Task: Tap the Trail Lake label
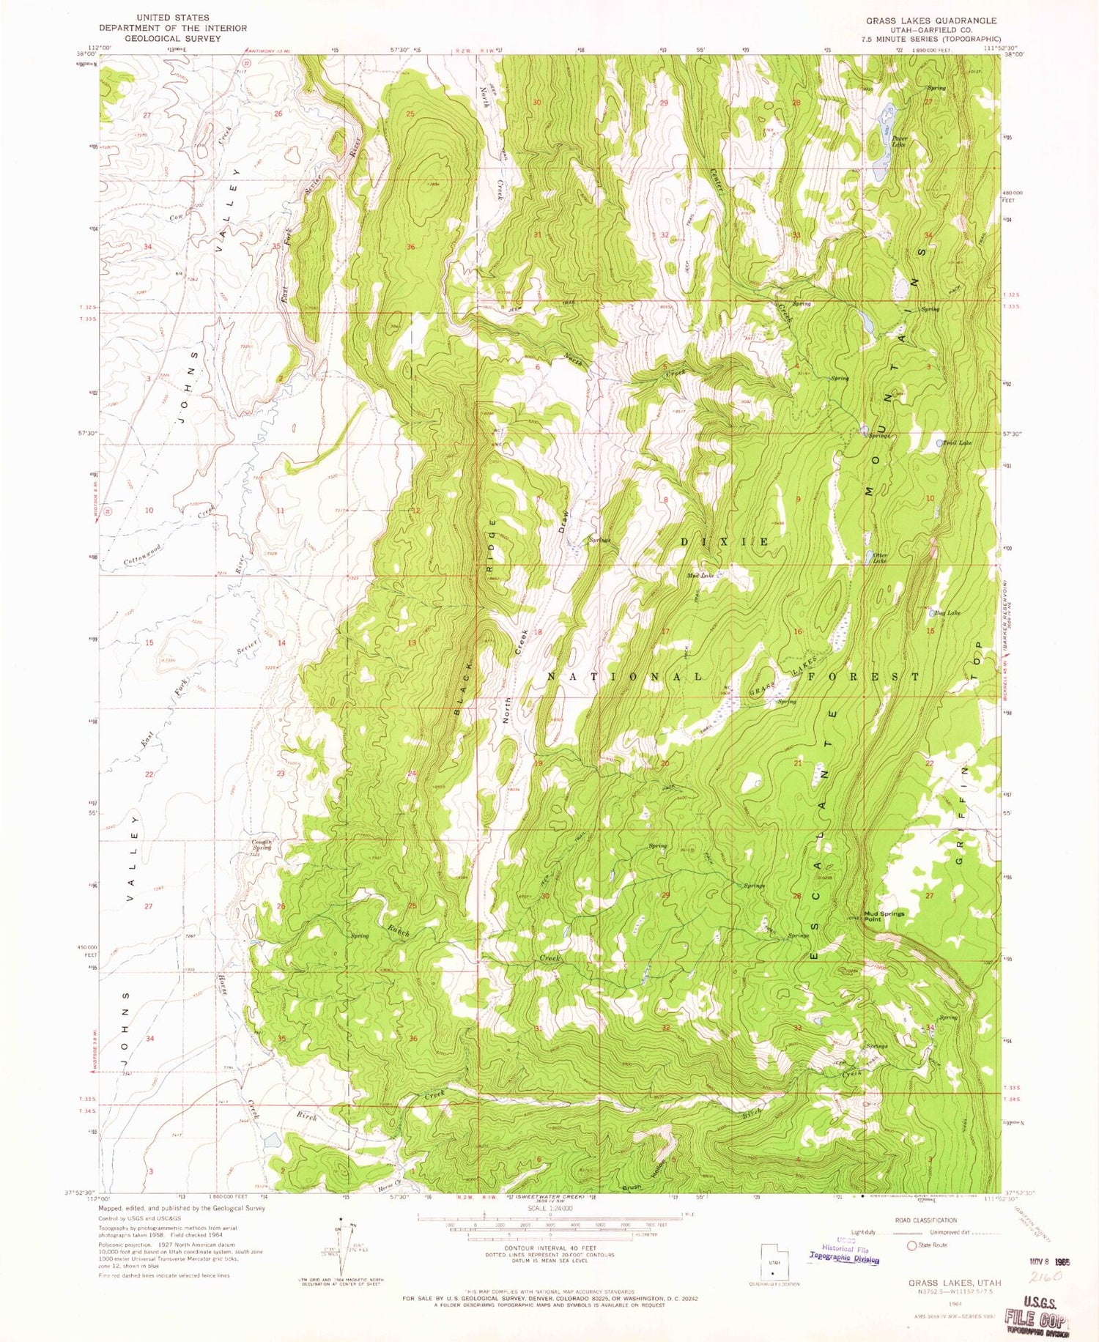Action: [958, 443]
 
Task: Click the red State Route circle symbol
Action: [911, 1245]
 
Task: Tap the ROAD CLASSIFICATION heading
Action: [925, 1220]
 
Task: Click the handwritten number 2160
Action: [1046, 1276]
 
